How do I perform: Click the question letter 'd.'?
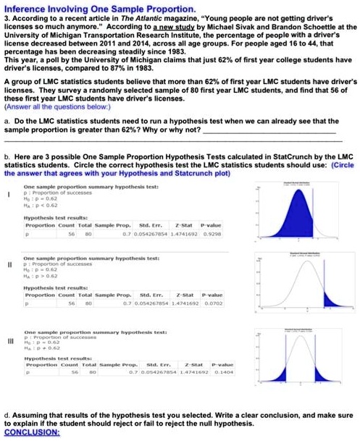pyautogui.click(x=7, y=416)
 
